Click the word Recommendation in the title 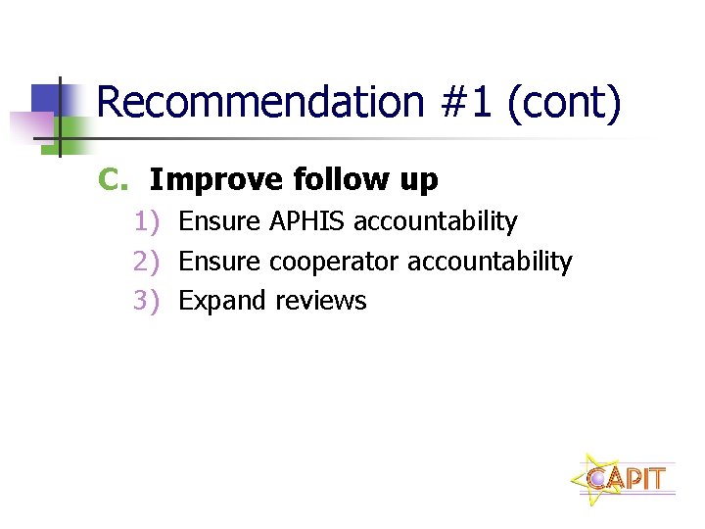(x=259, y=103)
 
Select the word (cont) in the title (x=564, y=105)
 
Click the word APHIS (x=306, y=222)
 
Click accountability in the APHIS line (x=435, y=222)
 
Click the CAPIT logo (x=624, y=478)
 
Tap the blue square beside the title (x=48, y=99)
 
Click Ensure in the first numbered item (x=220, y=222)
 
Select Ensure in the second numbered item (x=220, y=262)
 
